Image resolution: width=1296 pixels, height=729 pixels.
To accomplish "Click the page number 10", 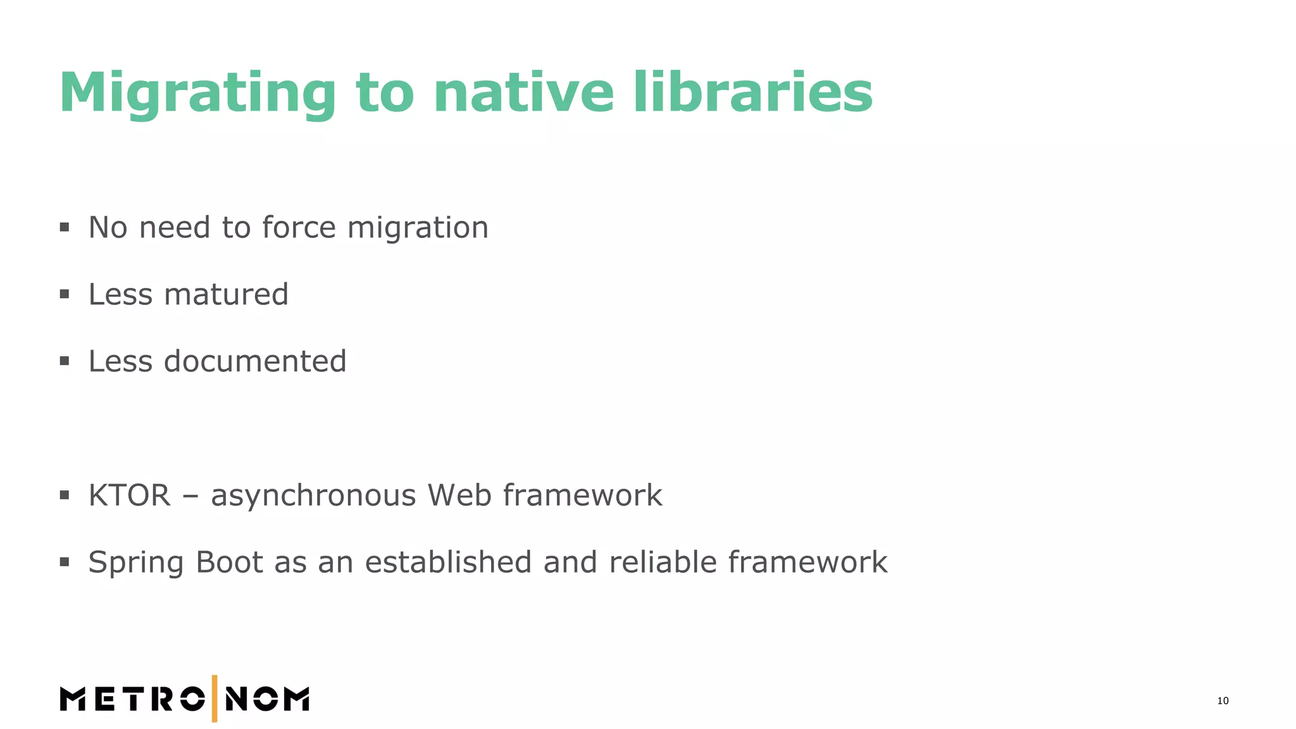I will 1223,701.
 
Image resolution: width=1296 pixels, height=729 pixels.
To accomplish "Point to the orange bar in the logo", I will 215,699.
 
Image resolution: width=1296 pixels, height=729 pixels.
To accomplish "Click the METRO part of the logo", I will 132,699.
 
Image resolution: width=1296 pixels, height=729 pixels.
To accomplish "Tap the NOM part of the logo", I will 268,699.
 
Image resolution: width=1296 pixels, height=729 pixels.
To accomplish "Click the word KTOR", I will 130,495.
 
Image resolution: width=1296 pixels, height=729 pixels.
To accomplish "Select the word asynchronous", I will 313,496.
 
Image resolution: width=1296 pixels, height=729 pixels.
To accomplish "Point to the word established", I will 448,562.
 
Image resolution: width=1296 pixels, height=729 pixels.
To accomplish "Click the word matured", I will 226,294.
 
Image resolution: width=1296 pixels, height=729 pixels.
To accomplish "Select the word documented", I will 255,361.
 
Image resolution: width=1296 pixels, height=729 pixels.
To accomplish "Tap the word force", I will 299,227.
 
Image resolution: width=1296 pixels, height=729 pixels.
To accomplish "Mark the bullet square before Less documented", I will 65,361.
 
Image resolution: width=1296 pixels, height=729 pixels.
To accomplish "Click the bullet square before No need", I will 65,227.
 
